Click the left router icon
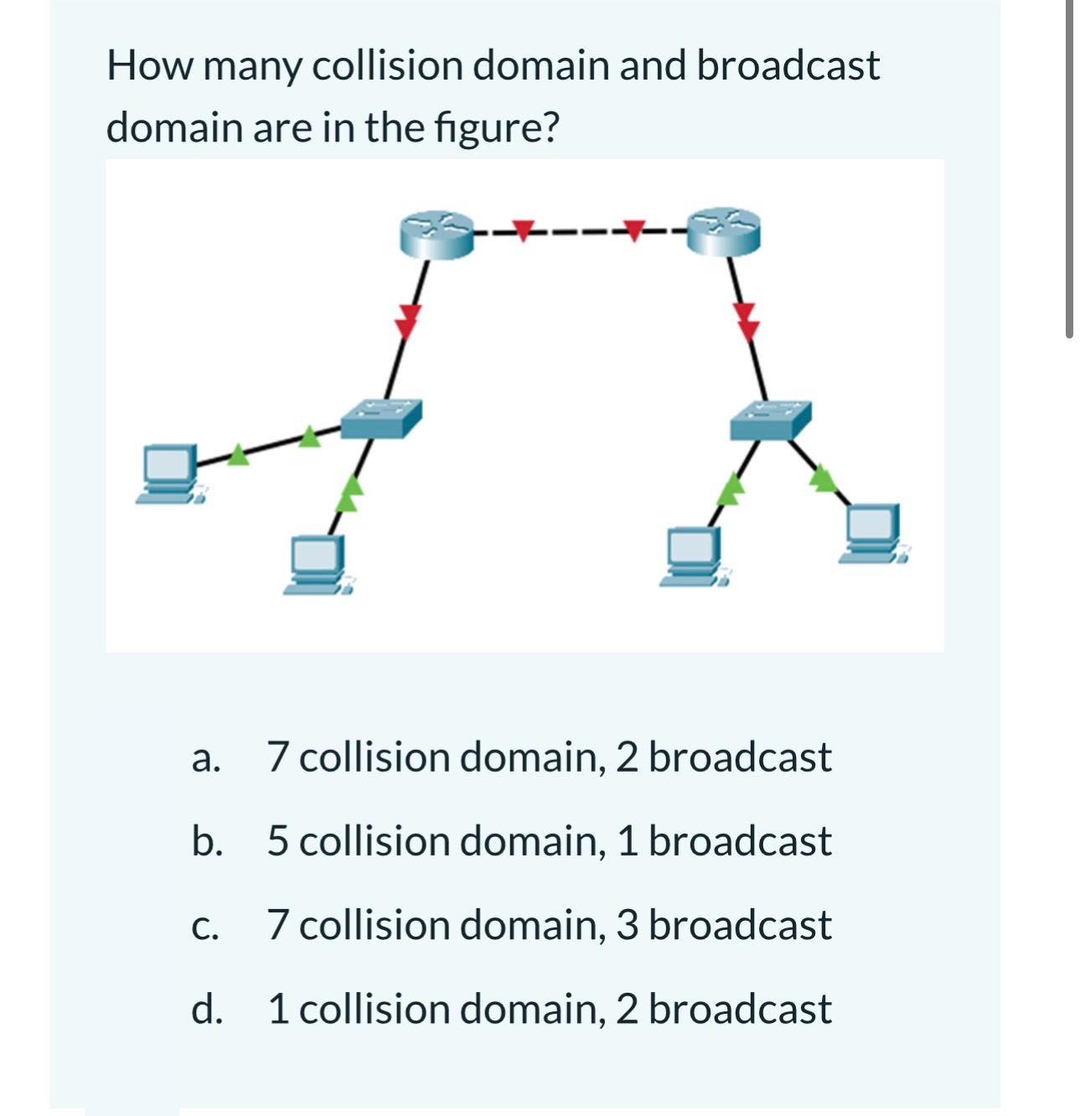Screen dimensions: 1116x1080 (437, 234)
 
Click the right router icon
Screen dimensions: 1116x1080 (724, 230)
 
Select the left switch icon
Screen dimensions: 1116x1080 (381, 418)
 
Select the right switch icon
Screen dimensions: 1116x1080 (770, 420)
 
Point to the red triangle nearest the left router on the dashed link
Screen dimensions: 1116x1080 (524, 229)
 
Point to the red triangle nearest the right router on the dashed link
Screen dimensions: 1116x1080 (634, 228)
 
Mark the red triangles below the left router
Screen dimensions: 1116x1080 (407, 321)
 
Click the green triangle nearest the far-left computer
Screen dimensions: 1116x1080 (239, 454)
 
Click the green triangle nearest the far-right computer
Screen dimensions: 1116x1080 (823, 478)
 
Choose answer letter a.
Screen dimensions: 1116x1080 (205, 758)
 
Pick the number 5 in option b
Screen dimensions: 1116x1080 (278, 841)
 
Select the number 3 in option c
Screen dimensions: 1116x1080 (628, 925)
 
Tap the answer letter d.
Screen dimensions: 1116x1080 (206, 1009)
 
